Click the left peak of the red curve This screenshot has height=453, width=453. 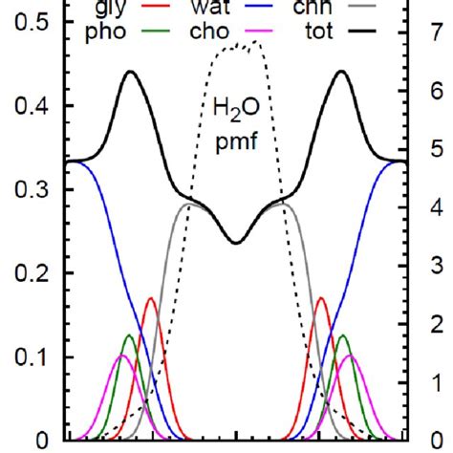(151, 299)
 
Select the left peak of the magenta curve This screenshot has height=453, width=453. (121, 356)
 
